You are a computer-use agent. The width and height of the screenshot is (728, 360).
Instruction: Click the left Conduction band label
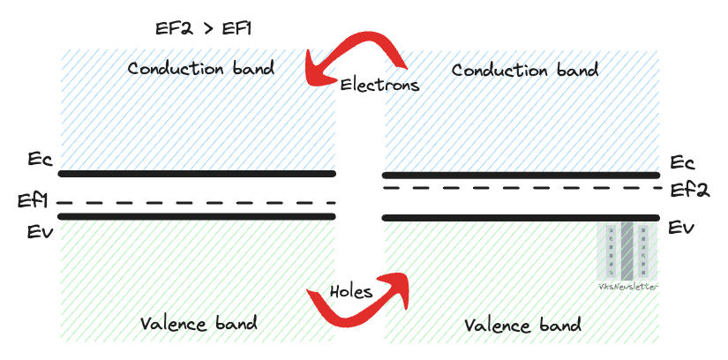pyautogui.click(x=200, y=68)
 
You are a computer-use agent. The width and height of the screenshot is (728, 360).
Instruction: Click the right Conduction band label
pyautogui.click(x=525, y=70)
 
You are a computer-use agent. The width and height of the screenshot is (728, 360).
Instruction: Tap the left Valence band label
pyautogui.click(x=199, y=323)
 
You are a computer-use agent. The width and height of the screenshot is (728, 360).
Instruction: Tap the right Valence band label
pyautogui.click(x=522, y=325)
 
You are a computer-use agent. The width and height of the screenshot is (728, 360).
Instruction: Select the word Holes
pyautogui.click(x=351, y=291)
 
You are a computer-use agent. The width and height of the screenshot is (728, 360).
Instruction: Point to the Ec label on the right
pyautogui.click(x=682, y=163)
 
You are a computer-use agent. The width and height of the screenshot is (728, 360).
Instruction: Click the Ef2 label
pyautogui.click(x=689, y=190)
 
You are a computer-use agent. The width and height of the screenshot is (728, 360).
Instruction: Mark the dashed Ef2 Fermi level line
pyautogui.click(x=521, y=188)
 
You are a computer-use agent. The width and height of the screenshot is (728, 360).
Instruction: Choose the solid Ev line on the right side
pyautogui.click(x=521, y=217)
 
